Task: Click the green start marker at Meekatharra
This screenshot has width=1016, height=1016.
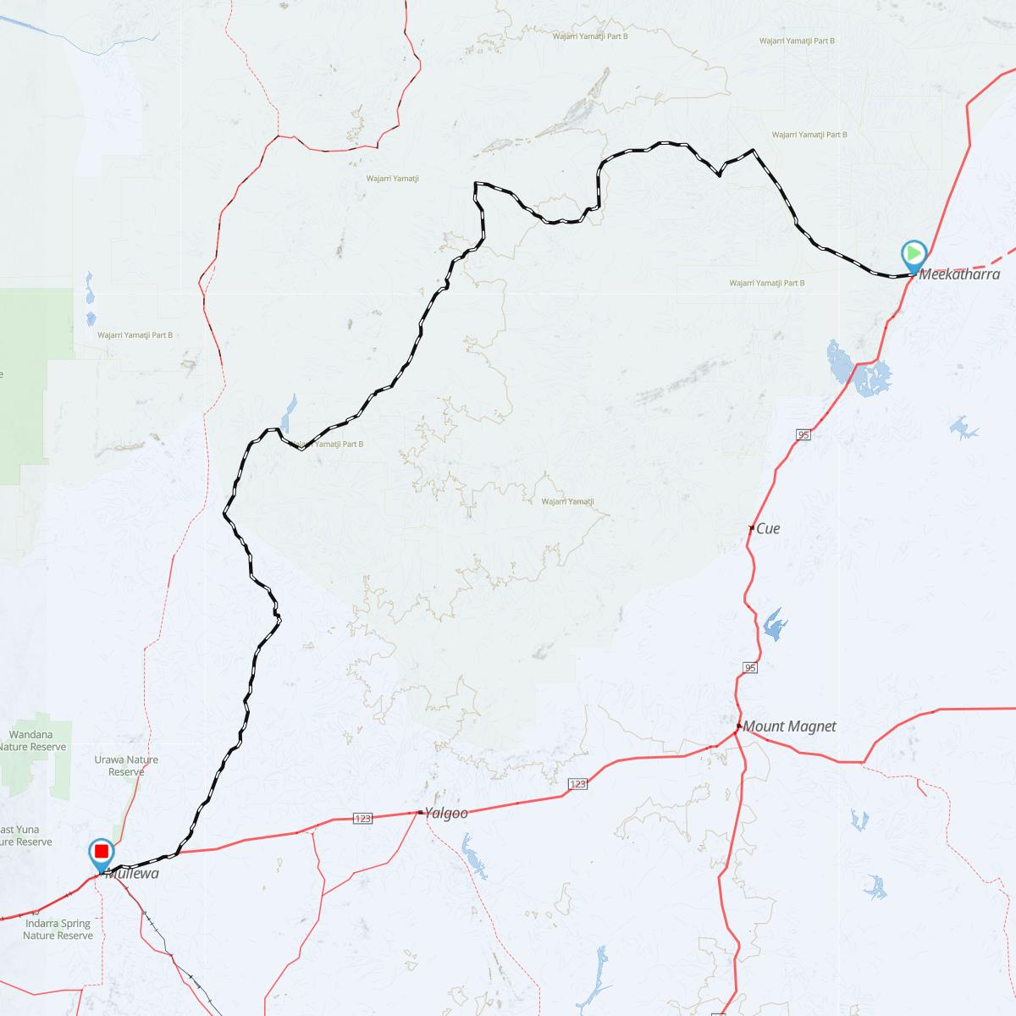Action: [x=914, y=253]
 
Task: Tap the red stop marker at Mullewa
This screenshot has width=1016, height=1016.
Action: [x=102, y=851]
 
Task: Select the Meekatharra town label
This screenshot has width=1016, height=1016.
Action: [x=959, y=274]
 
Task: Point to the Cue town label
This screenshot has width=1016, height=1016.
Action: [x=768, y=528]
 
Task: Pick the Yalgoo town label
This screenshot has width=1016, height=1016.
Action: [x=446, y=813]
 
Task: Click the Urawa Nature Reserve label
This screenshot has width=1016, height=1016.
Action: [x=127, y=765]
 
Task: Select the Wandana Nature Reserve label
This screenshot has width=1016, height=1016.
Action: [x=31, y=741]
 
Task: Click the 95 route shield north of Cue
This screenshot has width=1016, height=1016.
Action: [x=803, y=434]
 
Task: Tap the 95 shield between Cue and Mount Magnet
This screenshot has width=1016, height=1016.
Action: [x=750, y=668]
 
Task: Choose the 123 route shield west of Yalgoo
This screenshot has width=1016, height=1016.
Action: [x=363, y=819]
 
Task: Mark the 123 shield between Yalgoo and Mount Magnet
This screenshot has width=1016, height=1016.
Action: [x=577, y=785]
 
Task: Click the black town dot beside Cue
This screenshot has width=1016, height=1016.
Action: [x=752, y=528]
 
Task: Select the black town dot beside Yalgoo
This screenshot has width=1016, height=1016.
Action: [x=421, y=813]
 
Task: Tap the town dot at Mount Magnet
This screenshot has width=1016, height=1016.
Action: [x=738, y=726]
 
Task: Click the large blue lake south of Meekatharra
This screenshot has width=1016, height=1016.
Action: [x=857, y=370]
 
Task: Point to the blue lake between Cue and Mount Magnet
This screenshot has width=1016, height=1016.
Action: [x=774, y=625]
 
